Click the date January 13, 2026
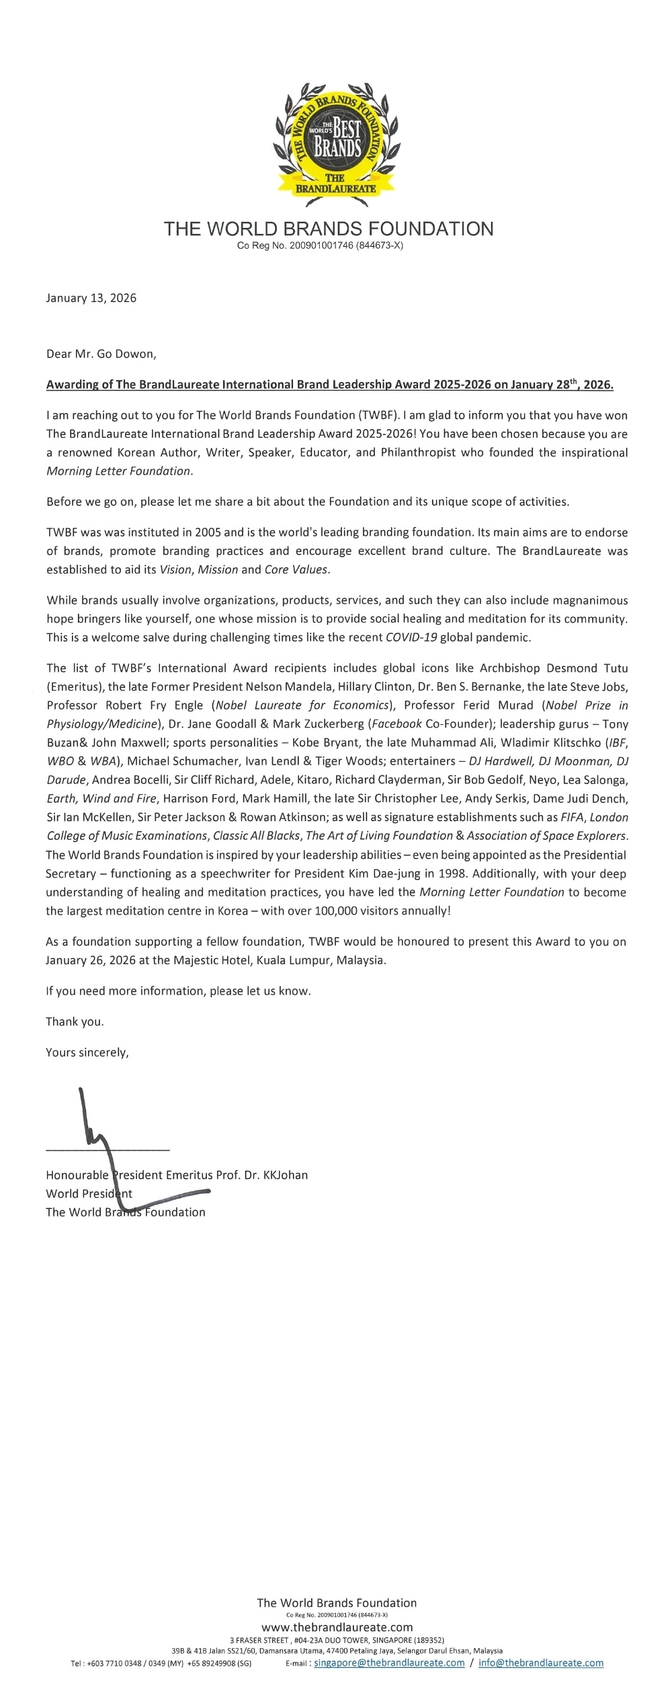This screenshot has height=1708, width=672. tap(91, 298)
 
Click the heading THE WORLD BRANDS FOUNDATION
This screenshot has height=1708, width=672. tap(329, 229)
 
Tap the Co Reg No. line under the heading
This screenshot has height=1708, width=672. tap(320, 246)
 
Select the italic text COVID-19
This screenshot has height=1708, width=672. tap(411, 637)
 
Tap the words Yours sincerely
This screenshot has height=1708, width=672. tap(87, 1052)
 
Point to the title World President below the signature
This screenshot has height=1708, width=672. tap(89, 1194)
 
